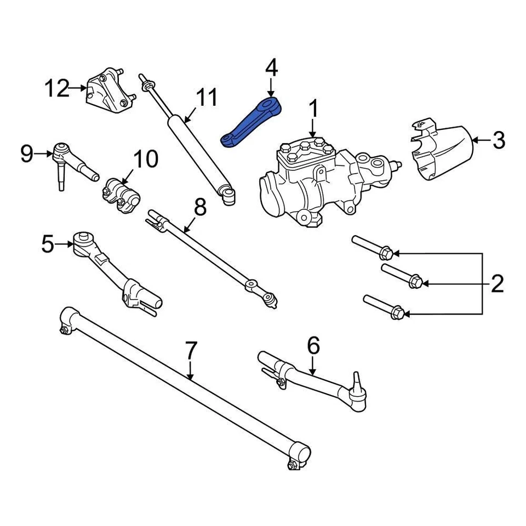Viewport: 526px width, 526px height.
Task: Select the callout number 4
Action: (271, 69)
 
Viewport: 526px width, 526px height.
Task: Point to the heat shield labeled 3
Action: (438, 151)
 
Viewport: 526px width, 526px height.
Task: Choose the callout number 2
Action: (497, 284)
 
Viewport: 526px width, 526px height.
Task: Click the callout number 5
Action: (48, 244)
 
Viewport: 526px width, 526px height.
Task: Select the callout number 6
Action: (313, 346)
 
